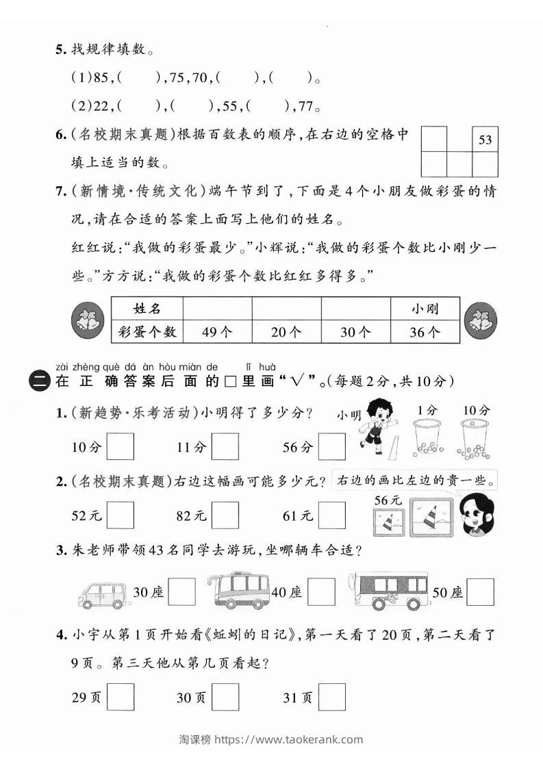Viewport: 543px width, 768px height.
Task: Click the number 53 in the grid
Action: tap(485, 140)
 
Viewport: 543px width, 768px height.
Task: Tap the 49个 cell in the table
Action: tap(218, 332)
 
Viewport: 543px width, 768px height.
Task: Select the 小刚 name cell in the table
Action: tap(425, 309)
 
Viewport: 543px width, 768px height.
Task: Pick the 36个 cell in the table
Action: tap(425, 332)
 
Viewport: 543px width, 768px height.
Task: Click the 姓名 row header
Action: tap(147, 309)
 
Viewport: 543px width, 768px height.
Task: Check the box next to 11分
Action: tap(225, 447)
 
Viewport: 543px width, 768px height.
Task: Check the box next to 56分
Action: tap(332, 447)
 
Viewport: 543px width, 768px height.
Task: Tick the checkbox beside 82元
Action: tap(225, 515)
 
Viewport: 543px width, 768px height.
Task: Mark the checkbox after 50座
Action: tap(480, 592)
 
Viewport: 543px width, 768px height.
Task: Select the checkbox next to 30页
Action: tap(225, 697)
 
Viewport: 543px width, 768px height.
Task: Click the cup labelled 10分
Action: tap(475, 438)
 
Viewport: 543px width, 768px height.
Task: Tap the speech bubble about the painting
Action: tap(415, 481)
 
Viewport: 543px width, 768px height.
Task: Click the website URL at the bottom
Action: tap(289, 739)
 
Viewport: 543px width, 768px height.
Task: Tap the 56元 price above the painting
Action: tap(388, 500)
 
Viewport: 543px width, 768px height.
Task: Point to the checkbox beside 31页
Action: tap(332, 697)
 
